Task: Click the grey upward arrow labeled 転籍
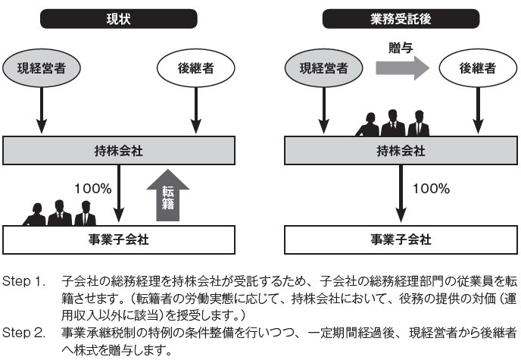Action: coord(168,196)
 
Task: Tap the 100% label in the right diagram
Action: coord(428,187)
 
